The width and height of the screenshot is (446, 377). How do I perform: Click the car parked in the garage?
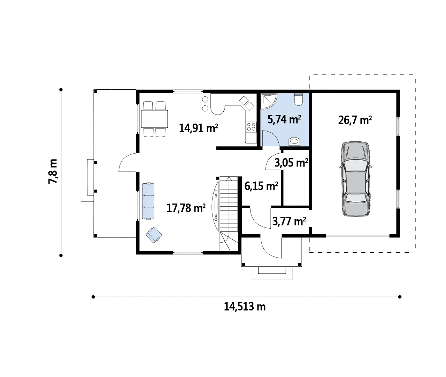[x=355, y=179]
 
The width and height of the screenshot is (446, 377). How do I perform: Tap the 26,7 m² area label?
[x=355, y=120]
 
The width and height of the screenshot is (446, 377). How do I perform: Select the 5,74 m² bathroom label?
[x=284, y=119]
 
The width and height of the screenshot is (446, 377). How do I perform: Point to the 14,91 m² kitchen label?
[x=199, y=128]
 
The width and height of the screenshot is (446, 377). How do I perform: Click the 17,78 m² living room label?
[x=186, y=208]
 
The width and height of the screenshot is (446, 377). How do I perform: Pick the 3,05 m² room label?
[x=291, y=163]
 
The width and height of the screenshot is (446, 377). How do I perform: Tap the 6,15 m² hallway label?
[x=261, y=186]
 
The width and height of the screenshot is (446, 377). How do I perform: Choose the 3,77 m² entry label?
[x=289, y=221]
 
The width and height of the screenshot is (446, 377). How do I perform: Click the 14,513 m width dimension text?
[x=245, y=306]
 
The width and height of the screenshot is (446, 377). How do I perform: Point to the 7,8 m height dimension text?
[x=53, y=171]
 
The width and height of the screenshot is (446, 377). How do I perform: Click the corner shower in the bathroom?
[x=269, y=102]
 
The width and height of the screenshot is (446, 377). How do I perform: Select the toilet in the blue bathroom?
[x=298, y=99]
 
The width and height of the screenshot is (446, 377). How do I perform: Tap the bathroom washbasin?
[x=294, y=141]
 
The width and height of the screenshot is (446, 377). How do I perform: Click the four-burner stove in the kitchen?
[x=251, y=126]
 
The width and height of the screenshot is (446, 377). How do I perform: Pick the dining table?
[x=154, y=119]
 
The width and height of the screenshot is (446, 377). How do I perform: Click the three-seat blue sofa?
[x=148, y=201]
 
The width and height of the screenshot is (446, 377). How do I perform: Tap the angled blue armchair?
[x=154, y=235]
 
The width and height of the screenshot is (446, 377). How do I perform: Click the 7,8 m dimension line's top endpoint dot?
[x=61, y=90]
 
